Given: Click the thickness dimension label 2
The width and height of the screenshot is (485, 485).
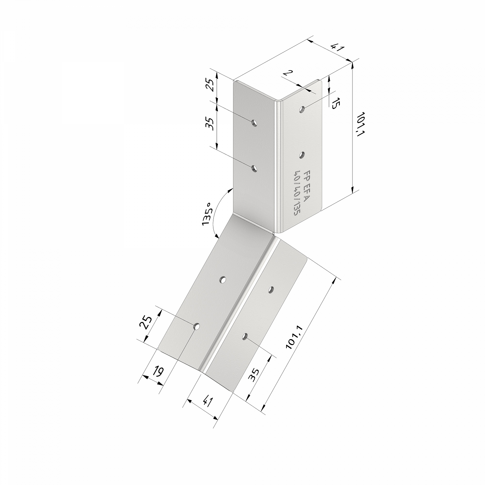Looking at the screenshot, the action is coord(286,73).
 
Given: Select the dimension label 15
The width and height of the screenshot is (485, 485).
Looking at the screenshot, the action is coord(336,103).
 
